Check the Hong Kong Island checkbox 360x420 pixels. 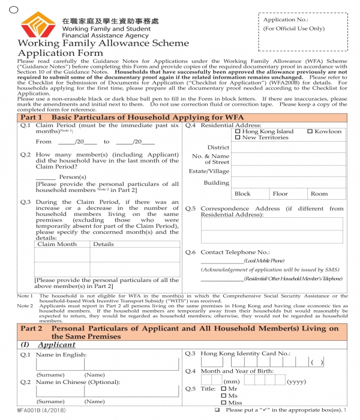click(238, 131)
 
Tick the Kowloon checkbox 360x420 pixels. click(310, 131)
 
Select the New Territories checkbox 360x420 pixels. click(238, 138)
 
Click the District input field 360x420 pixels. click(289, 147)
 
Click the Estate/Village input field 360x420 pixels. click(289, 171)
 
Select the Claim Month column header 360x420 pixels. click(57, 244)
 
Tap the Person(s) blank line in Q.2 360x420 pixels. click(46, 177)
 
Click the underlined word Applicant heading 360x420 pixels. click(56, 345)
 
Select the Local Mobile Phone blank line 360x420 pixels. click(222, 260)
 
